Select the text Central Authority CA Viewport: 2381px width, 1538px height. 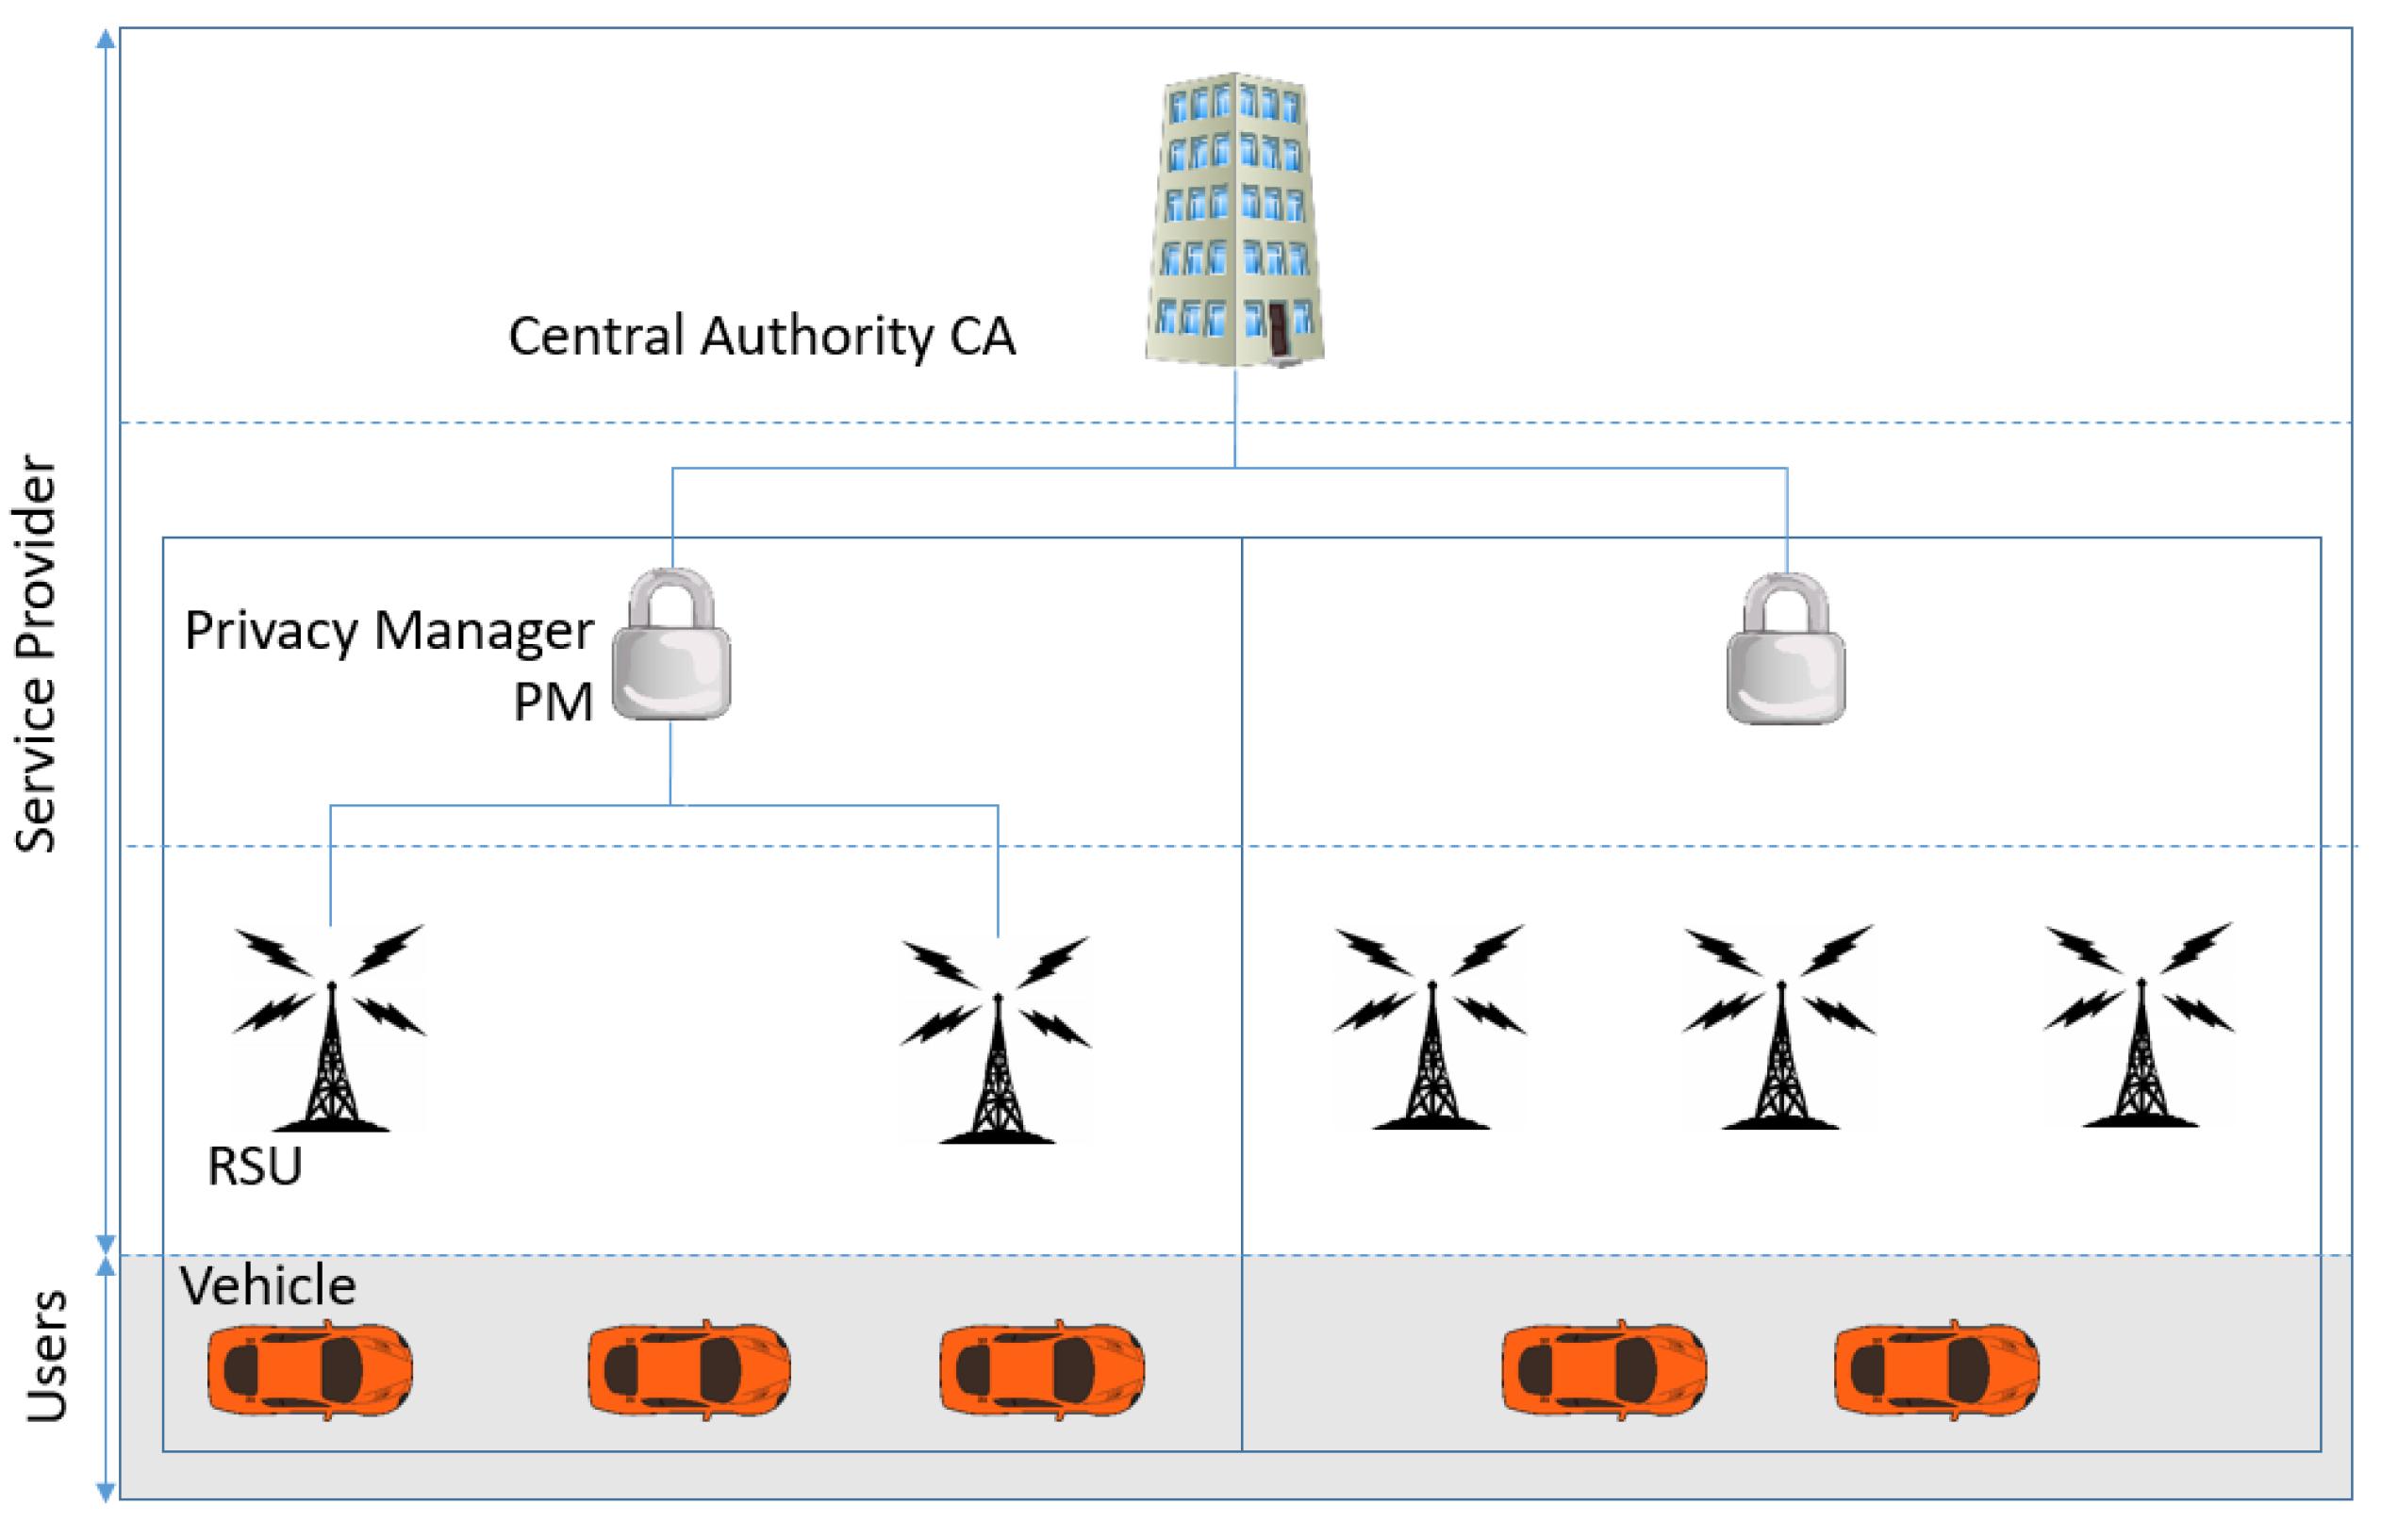pyautogui.click(x=761, y=336)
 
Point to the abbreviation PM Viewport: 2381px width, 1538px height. pyautogui.click(x=553, y=703)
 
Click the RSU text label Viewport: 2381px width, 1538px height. pyautogui.click(x=254, y=1166)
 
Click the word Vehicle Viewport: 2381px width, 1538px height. pyautogui.click(x=268, y=1285)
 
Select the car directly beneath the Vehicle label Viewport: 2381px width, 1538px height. pyautogui.click(x=309, y=1369)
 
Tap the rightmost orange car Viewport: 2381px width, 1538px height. pyautogui.click(x=1936, y=1369)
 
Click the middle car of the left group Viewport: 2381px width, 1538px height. pyautogui.click(x=688, y=1369)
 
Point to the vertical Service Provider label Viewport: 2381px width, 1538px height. pyautogui.click(x=36, y=654)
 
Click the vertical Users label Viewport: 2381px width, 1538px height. pyautogui.click(x=46, y=1355)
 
